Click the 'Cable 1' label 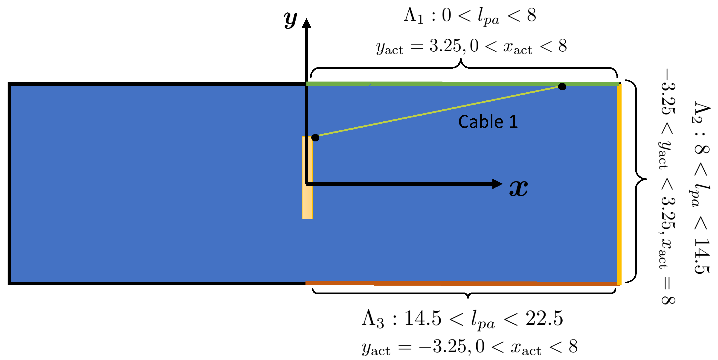pos(488,122)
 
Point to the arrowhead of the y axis pos(307,23)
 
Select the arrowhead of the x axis pos(497,184)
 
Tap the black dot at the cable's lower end pos(315,138)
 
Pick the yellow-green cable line pos(438,112)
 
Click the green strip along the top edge pos(446,84)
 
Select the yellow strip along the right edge pos(619,184)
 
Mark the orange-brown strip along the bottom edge pos(460,283)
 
